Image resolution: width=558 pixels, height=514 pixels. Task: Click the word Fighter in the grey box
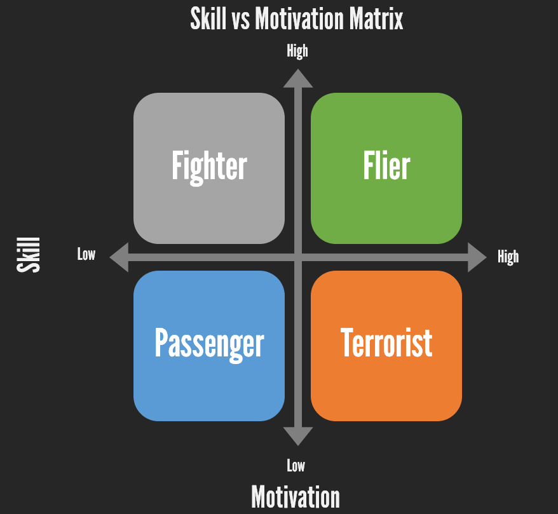[209, 166]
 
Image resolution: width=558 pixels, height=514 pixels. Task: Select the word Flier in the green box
[386, 166]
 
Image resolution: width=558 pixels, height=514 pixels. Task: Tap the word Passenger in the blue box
[209, 344]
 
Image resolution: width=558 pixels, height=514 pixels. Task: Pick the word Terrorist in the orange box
[386, 344]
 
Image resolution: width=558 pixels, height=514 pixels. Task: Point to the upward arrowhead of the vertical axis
[297, 78]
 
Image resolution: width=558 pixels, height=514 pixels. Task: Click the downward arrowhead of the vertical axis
[297, 436]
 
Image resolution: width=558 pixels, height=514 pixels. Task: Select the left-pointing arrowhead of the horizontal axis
[119, 257]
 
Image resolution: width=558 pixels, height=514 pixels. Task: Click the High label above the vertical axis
[297, 51]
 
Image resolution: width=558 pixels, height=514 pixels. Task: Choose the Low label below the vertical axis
[296, 466]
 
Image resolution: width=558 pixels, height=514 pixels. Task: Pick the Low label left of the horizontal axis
[86, 255]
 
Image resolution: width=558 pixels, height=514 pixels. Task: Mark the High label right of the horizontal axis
[508, 257]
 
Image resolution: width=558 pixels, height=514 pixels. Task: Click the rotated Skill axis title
[29, 255]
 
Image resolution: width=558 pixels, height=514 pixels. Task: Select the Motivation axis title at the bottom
[296, 496]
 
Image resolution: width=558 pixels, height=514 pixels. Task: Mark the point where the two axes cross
[297, 257]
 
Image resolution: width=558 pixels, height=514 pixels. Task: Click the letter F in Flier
[368, 166]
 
